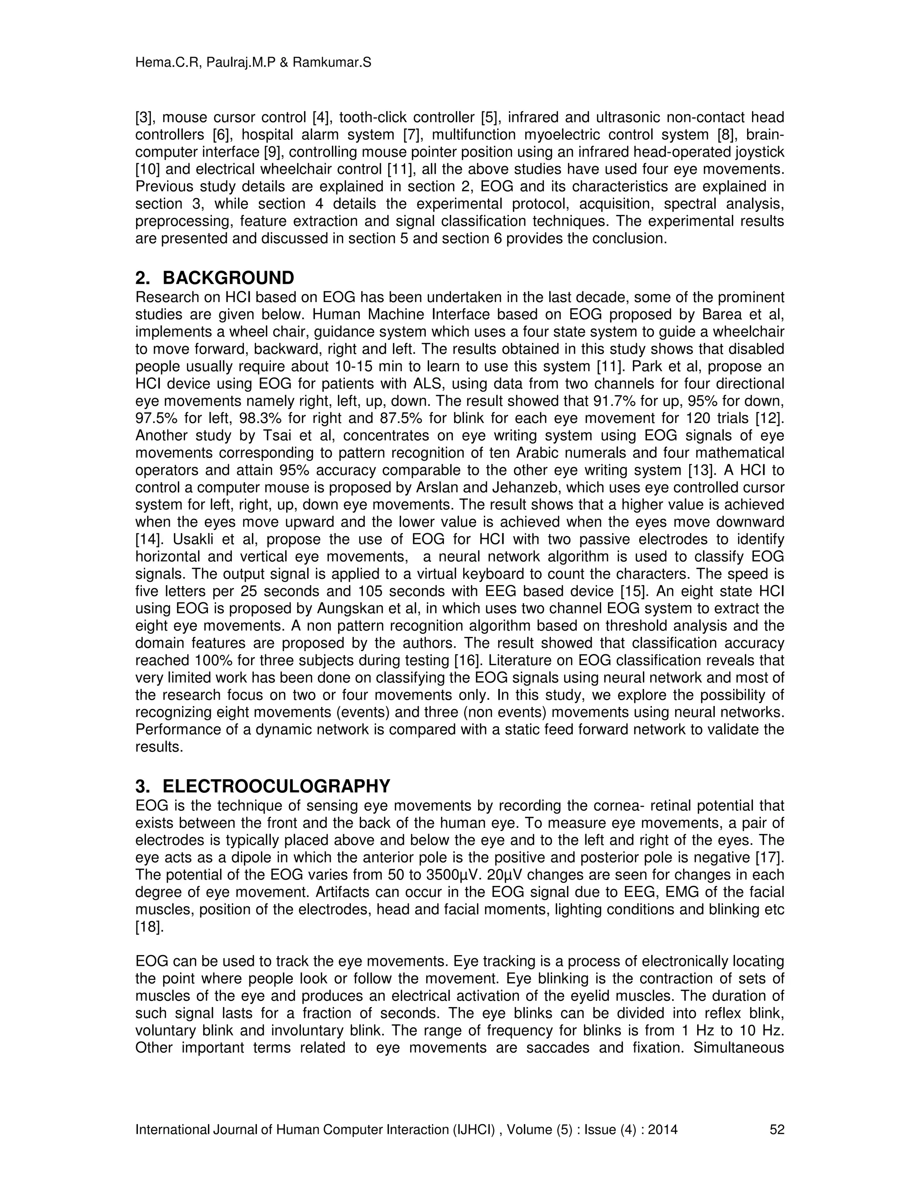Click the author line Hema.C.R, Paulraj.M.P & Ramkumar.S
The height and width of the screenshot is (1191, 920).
[x=253, y=63]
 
